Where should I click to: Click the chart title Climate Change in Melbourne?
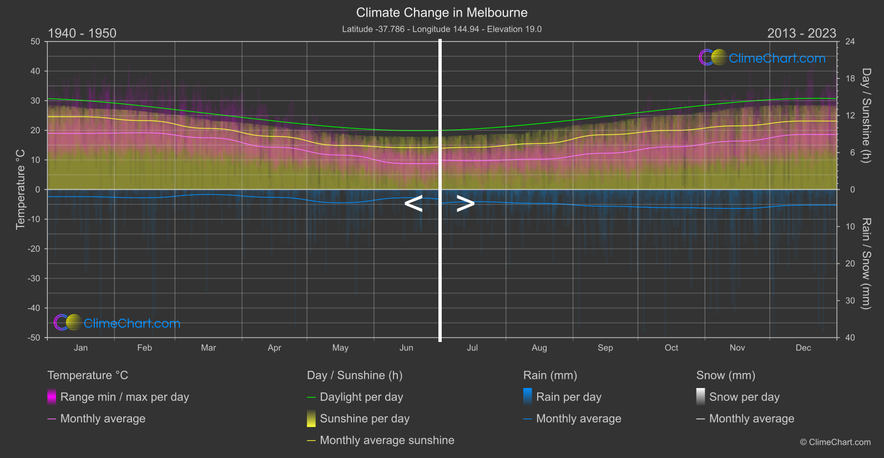click(x=442, y=12)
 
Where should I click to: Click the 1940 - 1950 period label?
click(x=82, y=33)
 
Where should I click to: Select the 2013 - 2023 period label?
click(x=801, y=33)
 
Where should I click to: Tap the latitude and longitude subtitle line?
click(x=442, y=29)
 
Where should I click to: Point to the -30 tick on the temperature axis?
click(x=34, y=278)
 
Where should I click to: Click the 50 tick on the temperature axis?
click(x=36, y=42)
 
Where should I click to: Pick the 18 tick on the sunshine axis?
click(x=850, y=78)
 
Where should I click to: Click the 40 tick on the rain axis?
click(x=850, y=338)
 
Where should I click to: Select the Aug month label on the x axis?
click(x=539, y=348)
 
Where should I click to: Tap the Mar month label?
click(x=208, y=348)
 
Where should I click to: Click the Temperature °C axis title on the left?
click(x=21, y=189)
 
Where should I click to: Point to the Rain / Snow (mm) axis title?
click(x=866, y=263)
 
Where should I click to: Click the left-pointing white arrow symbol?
click(x=413, y=204)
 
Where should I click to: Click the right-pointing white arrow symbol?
click(x=465, y=204)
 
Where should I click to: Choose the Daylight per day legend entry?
click(x=361, y=397)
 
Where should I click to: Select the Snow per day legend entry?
click(x=744, y=397)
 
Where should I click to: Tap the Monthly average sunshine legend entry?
click(x=387, y=440)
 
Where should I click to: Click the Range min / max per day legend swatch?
click(x=52, y=397)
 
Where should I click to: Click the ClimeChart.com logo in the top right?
click(x=762, y=58)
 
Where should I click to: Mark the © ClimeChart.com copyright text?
click(x=835, y=442)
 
